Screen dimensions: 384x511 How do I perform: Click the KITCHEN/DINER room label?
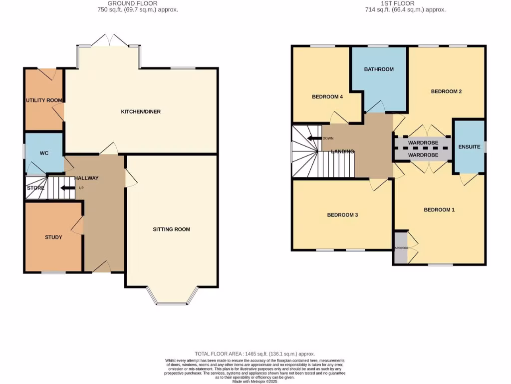[141, 111]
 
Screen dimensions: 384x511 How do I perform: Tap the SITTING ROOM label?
[171, 229]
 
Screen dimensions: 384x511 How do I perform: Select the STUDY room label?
[53, 237]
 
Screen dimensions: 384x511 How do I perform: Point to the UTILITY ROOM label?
[44, 100]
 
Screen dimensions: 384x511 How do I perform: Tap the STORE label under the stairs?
[35, 188]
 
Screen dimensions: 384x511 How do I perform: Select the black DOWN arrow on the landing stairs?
[314, 138]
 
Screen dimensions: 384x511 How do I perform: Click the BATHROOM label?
[379, 69]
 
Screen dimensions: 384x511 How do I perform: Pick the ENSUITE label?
[469, 147]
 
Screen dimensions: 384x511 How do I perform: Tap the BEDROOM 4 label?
[327, 97]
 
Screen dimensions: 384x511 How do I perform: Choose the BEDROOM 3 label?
[342, 215]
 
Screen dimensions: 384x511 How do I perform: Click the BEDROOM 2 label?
[446, 91]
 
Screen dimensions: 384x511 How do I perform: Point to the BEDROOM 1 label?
[439, 209]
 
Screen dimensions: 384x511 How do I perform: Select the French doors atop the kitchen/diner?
[108, 40]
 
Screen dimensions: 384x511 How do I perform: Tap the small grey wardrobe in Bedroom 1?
[400, 247]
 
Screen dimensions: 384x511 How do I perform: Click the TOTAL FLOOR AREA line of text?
[255, 353]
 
